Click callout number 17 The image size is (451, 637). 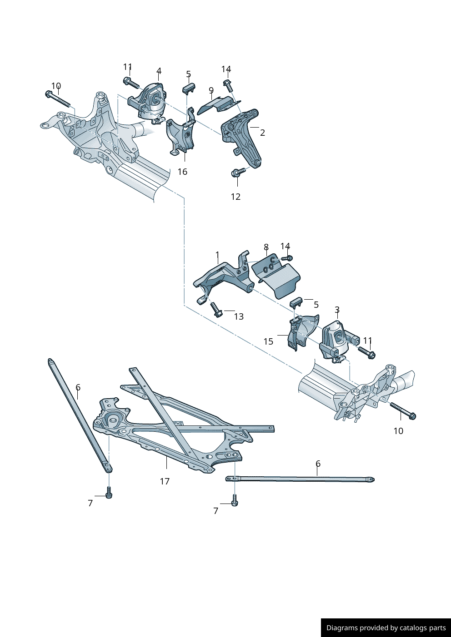tap(165, 481)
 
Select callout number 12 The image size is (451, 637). tap(236, 197)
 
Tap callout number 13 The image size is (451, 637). tap(239, 316)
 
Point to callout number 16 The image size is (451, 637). tap(182, 172)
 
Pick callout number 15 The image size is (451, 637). tap(268, 341)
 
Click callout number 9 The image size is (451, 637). tap(211, 90)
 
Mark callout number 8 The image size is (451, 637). tap(266, 247)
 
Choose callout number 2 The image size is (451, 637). tap(262, 133)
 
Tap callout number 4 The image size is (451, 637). tap(159, 71)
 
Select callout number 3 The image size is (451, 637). tap(337, 310)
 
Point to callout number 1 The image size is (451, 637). tap(217, 255)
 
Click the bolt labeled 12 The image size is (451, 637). tap(238, 172)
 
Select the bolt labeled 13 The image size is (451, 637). tap(216, 310)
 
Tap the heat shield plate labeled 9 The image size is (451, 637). tap(218, 104)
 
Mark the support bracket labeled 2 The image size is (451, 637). tap(242, 136)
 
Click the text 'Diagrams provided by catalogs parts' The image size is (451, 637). tap(386, 628)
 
